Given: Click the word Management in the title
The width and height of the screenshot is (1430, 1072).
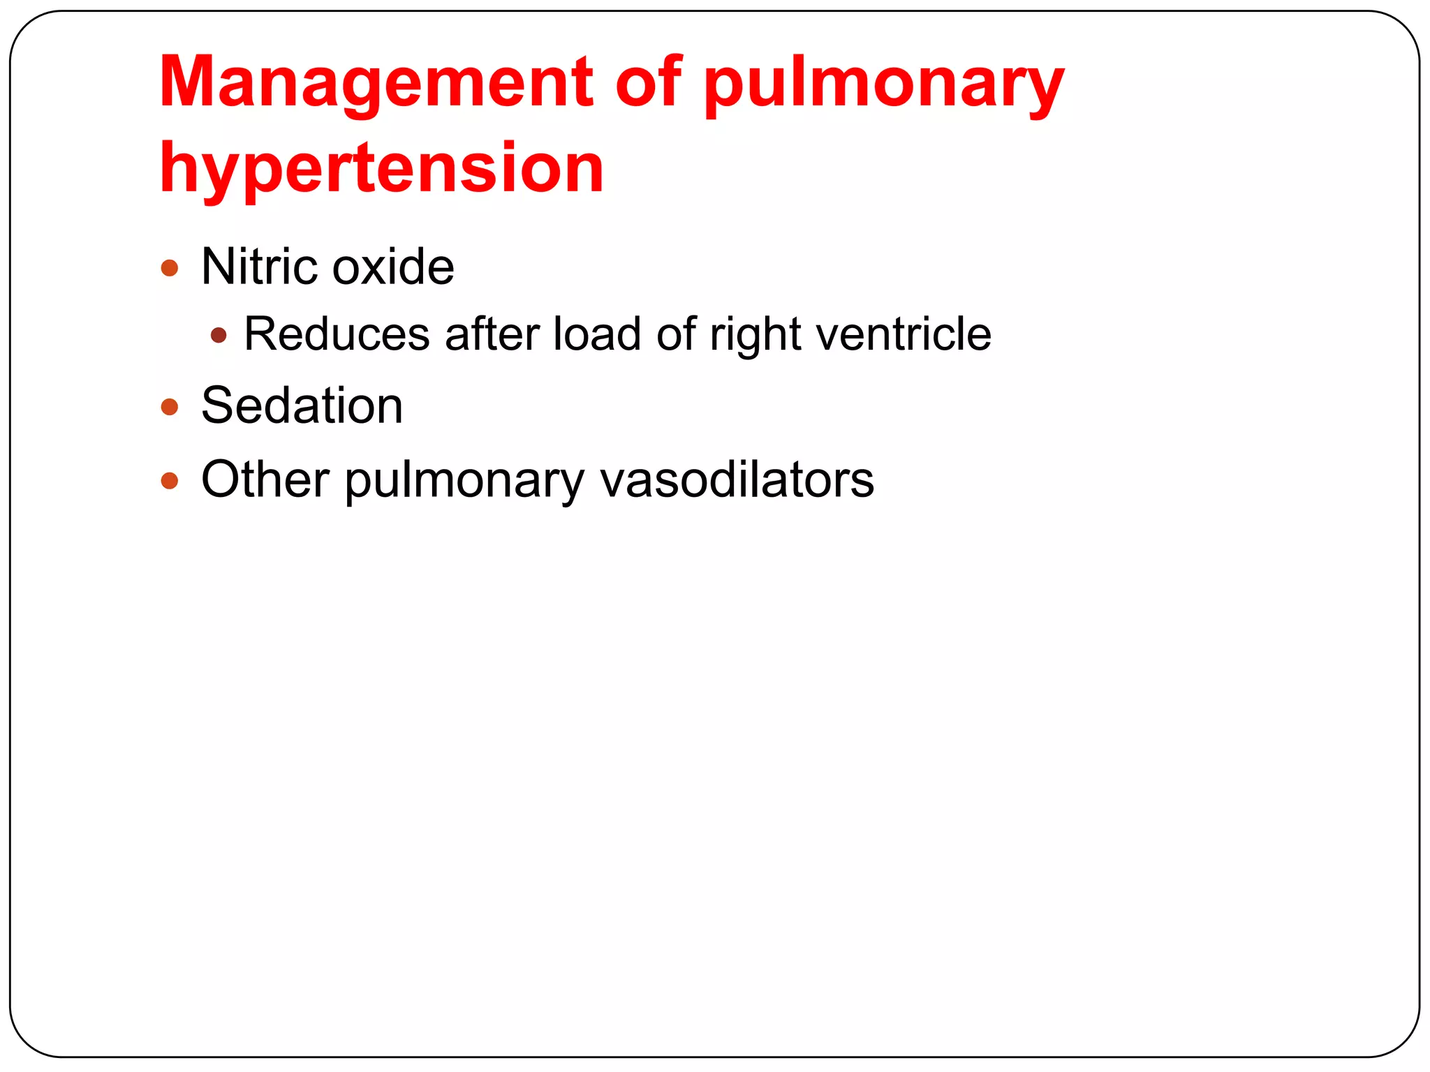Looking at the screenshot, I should (376, 84).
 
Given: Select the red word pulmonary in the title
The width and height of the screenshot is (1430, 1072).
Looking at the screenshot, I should (883, 84).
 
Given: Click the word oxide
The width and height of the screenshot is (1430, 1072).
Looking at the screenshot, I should (392, 267).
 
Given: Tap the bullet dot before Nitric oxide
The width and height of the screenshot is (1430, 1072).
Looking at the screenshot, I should (170, 268).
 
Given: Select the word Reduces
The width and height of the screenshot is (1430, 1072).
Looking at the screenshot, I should (337, 334).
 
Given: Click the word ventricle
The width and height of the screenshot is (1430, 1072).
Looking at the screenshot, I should (904, 334).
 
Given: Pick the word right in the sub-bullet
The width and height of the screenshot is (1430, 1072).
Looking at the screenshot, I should (755, 335).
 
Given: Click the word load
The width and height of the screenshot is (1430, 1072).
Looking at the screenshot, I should (597, 334).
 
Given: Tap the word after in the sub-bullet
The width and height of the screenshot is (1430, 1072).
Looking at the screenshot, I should (492, 334).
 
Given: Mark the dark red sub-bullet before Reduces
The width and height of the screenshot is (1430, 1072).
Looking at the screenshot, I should (219, 336).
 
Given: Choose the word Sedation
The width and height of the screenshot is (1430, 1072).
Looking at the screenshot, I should (302, 405).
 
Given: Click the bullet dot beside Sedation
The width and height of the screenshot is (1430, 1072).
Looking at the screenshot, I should (170, 407).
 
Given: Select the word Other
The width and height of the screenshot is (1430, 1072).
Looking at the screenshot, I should (265, 479).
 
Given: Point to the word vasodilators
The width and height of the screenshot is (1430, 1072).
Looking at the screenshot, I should (737, 479).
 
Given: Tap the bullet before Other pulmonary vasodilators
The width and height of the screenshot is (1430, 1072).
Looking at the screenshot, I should (170, 480).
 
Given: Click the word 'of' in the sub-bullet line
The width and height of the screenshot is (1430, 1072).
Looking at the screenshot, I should (676, 334).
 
